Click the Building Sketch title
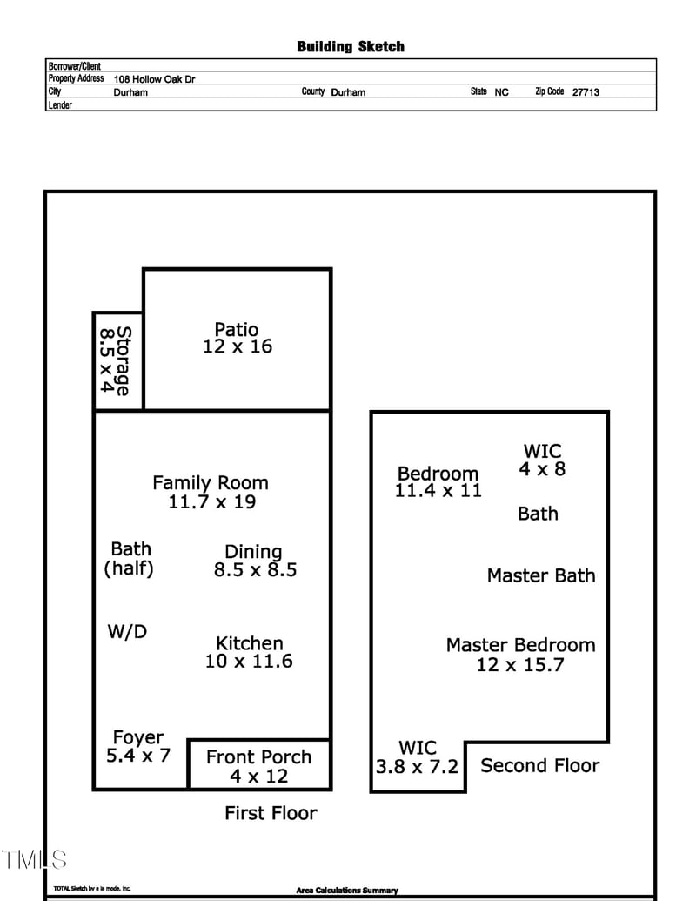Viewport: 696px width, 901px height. [350, 46]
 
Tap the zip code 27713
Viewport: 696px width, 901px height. [586, 91]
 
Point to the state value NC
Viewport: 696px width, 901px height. [502, 91]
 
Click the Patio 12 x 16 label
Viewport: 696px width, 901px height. [237, 338]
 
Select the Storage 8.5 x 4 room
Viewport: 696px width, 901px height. [117, 360]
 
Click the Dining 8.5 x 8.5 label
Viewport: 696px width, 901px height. [255, 561]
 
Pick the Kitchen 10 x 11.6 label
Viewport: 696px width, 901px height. [250, 651]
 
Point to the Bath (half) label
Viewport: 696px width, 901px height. [130, 559]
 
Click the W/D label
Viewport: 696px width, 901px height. [127, 632]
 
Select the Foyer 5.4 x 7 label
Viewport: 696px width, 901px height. [138, 746]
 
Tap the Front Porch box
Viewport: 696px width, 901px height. [258, 765]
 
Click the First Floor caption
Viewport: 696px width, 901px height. [271, 813]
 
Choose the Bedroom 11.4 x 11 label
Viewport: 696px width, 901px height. [438, 481]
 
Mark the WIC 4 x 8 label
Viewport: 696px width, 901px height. [542, 460]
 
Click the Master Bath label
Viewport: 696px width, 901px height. [541, 575]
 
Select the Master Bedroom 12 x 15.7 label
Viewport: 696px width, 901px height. [520, 655]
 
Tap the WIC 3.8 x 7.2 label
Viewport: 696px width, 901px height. [418, 757]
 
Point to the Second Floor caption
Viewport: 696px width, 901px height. [539, 765]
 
